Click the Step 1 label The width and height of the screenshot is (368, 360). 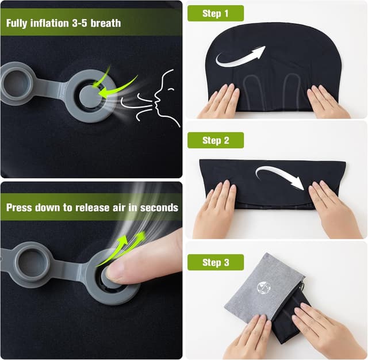216,13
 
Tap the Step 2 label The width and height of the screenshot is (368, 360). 216,140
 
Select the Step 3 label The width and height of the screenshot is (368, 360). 216,262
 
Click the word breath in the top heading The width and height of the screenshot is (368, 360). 106,23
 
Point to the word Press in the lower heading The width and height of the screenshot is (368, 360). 19,208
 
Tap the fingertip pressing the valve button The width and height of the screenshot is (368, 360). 117,273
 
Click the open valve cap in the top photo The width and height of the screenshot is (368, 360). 17,83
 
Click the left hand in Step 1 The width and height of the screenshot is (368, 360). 220,101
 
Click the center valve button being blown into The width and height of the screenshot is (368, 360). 90,97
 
